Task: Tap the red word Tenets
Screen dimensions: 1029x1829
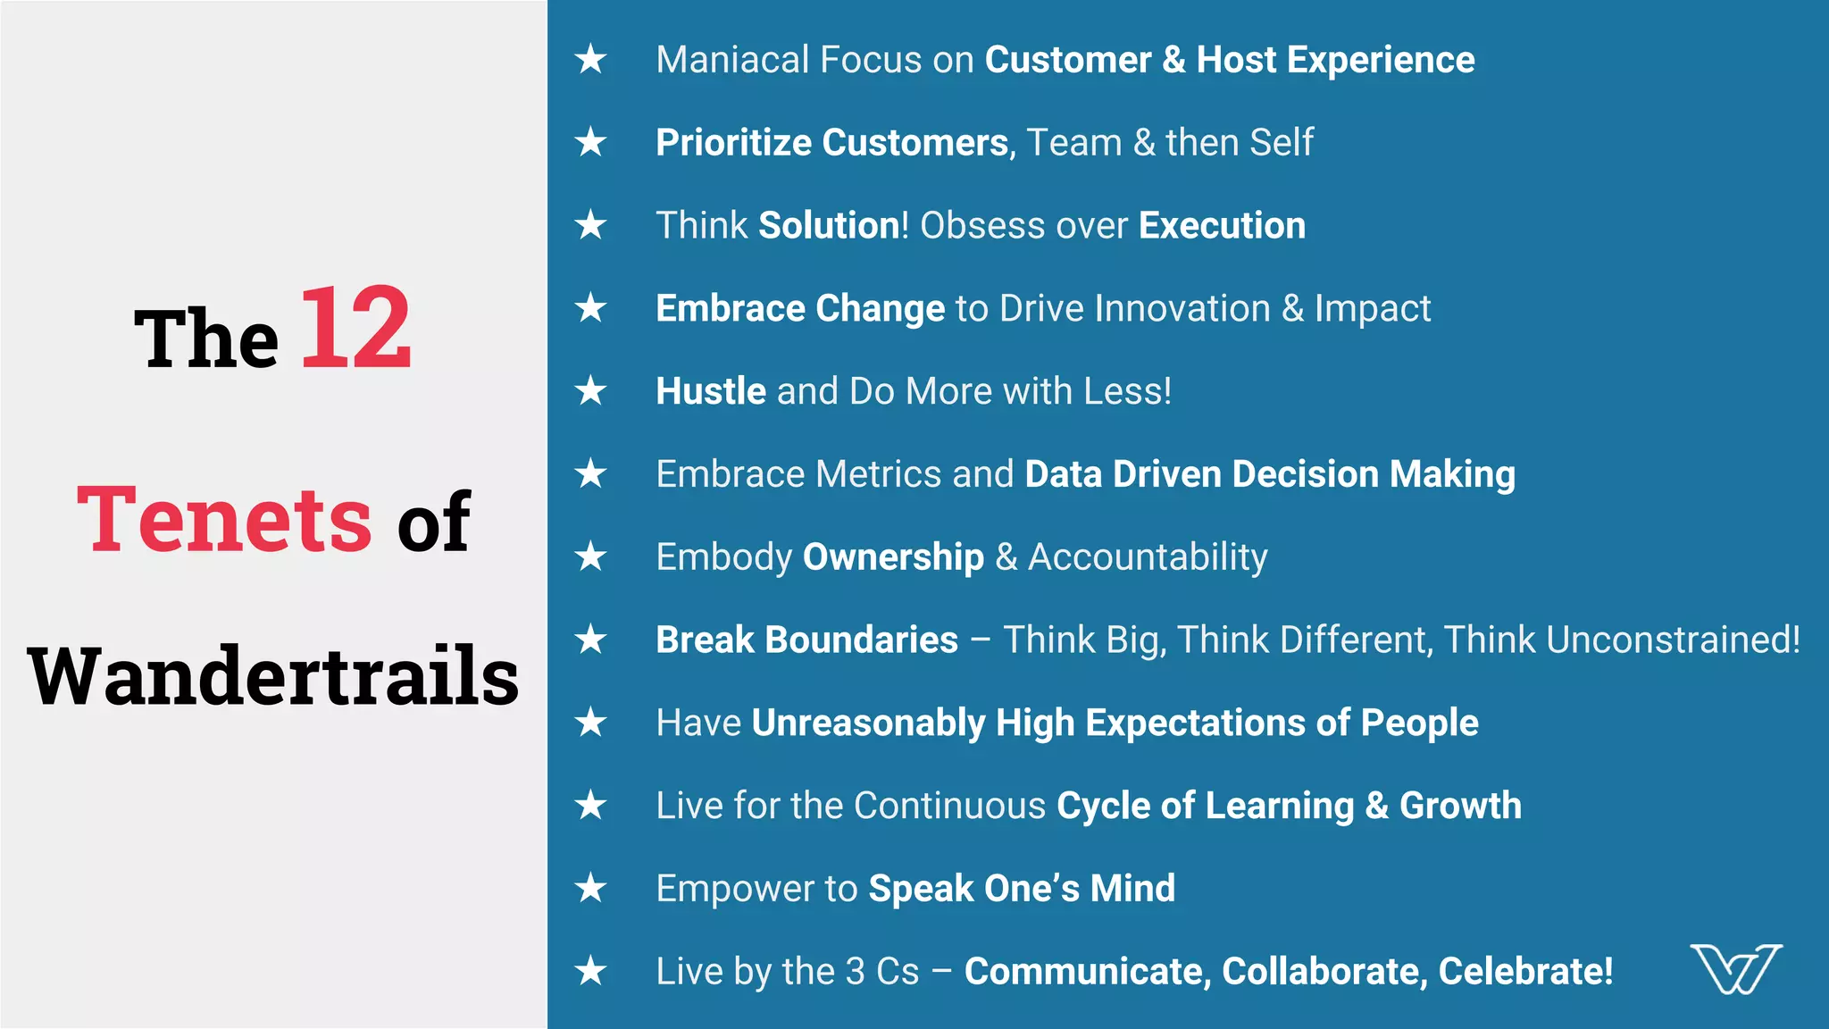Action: coord(224,520)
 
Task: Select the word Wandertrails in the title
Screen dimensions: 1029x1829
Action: coord(273,676)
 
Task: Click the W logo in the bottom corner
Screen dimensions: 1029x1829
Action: coord(1735,968)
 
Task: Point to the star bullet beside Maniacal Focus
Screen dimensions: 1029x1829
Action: coord(590,60)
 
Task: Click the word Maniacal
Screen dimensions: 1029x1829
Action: coord(732,60)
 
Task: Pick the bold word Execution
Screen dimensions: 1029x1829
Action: coord(1222,226)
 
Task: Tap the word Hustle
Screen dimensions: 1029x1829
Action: coord(710,391)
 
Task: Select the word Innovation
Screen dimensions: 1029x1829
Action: coord(1182,308)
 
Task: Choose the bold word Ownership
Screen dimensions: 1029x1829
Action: coord(893,557)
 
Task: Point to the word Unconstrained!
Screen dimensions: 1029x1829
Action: coord(1673,640)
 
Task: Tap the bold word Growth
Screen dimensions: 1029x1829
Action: coord(1460,806)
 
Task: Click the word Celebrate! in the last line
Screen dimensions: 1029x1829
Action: coord(1525,972)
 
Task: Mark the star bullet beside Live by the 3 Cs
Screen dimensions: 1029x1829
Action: coord(590,971)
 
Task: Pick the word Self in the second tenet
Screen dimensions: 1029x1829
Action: coord(1282,143)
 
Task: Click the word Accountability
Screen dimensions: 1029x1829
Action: coord(1148,557)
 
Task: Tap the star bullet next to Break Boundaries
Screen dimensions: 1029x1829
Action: coord(590,640)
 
